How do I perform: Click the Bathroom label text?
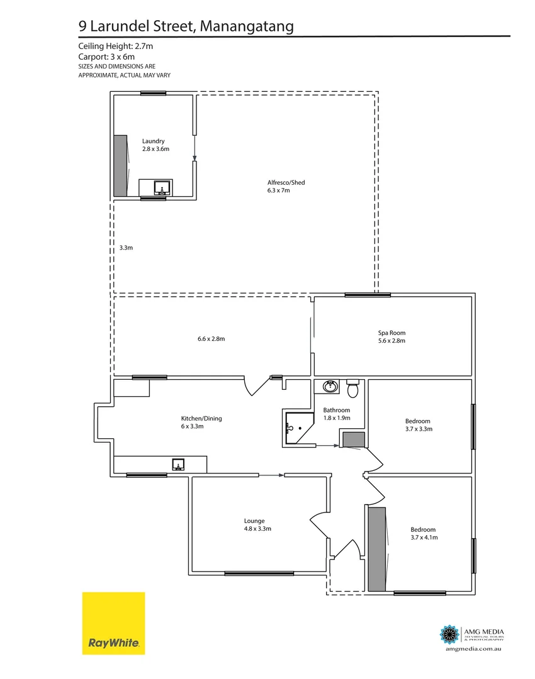336,410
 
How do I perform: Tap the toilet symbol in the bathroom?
352,389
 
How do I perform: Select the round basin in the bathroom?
329,387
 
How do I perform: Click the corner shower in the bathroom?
298,428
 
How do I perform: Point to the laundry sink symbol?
162,187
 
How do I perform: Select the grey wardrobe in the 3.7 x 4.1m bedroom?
377,549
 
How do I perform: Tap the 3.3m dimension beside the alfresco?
126,248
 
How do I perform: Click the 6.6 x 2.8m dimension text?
211,339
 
